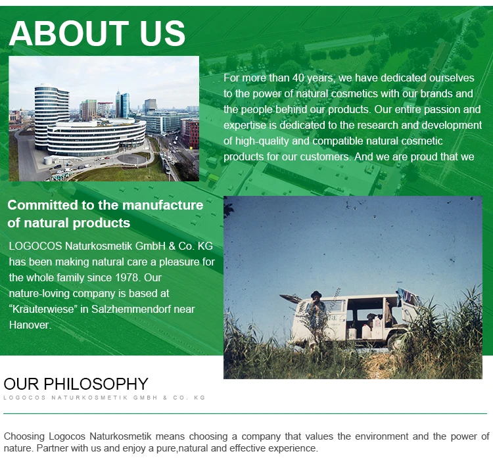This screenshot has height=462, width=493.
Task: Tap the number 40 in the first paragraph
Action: [298, 78]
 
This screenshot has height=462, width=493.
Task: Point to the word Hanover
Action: [30, 325]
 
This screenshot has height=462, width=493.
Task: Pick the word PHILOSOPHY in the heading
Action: [95, 384]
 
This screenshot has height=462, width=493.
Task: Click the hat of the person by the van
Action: [316, 294]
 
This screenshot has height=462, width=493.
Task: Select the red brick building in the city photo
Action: [191, 133]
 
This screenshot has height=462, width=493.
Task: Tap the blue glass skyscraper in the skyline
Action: [123, 104]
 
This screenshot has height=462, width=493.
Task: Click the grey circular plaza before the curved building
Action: [132, 159]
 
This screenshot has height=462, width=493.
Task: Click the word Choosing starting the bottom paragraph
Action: [24, 436]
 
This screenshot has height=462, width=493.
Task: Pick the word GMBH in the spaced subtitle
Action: [145, 398]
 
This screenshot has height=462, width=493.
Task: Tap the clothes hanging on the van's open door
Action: [406, 296]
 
